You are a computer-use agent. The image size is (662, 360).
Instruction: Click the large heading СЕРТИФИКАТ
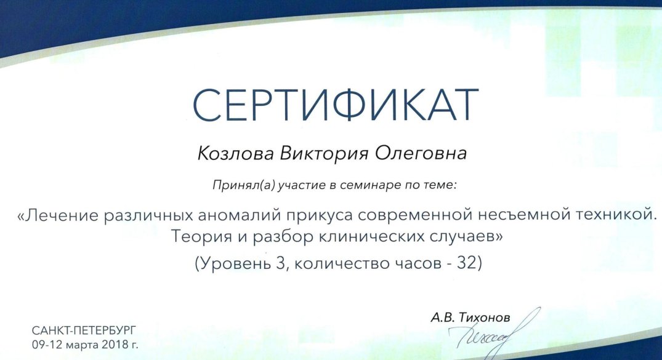pyautogui.click(x=335, y=105)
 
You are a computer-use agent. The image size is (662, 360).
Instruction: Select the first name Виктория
pyautogui.click(x=325, y=154)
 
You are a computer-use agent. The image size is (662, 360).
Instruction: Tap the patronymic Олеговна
pyautogui.click(x=421, y=153)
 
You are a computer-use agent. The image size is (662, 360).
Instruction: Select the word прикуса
pyautogui.click(x=319, y=216)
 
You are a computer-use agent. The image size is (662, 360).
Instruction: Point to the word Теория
pyautogui.click(x=201, y=237)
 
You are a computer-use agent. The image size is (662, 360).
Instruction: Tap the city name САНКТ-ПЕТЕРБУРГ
pyautogui.click(x=84, y=330)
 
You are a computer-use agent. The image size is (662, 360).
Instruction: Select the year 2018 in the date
pyautogui.click(x=115, y=345)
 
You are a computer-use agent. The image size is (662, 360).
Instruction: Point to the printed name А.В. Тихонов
pyautogui.click(x=470, y=318)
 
